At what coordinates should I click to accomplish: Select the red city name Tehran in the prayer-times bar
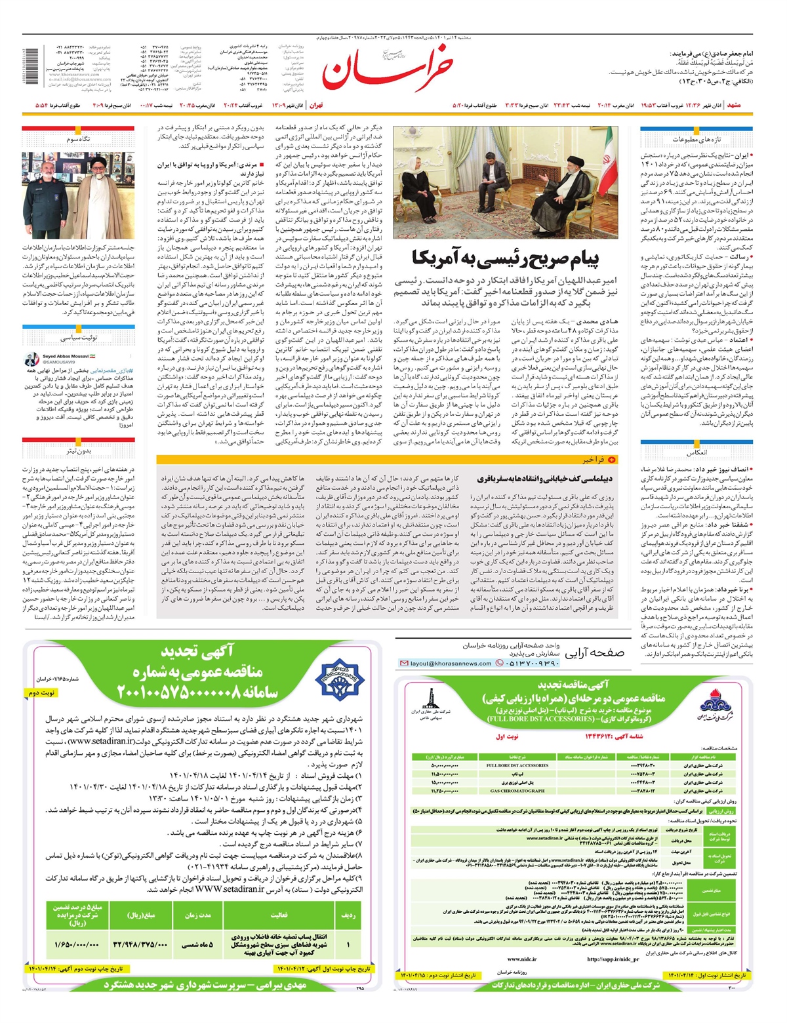tap(316, 105)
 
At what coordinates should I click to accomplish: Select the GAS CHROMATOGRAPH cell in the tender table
tap(517, 791)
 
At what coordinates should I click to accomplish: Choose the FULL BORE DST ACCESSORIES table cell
tap(517, 765)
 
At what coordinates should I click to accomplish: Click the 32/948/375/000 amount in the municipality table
tap(141, 945)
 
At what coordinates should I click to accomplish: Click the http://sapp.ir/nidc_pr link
tap(613, 959)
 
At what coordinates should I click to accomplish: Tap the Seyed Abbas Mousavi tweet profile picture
tap(32, 359)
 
